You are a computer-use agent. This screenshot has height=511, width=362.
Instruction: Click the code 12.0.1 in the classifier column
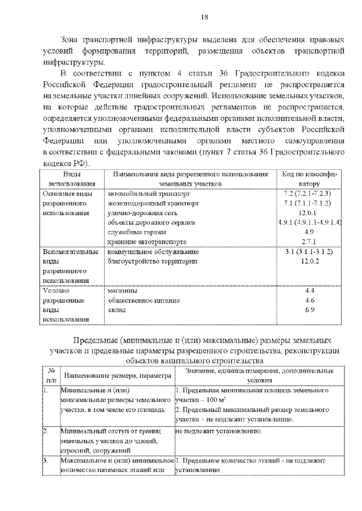click(309, 213)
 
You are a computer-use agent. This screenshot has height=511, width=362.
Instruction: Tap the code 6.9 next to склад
click(309, 310)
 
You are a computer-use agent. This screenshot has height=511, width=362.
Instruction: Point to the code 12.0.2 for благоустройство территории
click(309, 261)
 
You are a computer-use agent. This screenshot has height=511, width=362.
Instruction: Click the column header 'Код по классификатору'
click(309, 179)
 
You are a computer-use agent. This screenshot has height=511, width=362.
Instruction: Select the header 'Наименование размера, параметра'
click(117, 375)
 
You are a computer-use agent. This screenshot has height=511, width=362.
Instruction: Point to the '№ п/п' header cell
click(51, 375)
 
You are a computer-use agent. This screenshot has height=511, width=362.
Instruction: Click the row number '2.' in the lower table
click(46, 431)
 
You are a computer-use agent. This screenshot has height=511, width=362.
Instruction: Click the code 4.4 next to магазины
click(309, 290)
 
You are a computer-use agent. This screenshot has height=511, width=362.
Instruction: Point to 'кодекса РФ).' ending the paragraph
click(63, 162)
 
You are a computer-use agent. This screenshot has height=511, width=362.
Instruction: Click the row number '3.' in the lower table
click(46, 461)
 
